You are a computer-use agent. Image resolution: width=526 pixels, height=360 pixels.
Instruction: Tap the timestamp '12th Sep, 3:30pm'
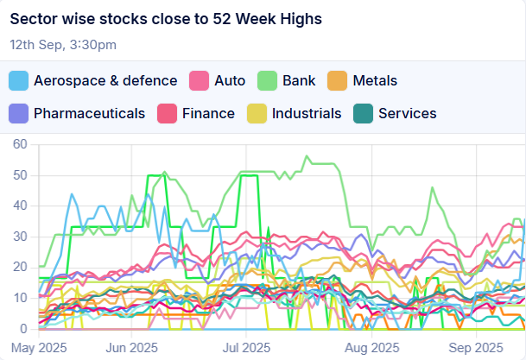tap(63, 44)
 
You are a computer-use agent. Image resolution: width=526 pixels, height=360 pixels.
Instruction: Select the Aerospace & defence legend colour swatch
tap(19, 81)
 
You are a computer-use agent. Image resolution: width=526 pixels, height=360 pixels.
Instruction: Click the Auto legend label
tap(229, 81)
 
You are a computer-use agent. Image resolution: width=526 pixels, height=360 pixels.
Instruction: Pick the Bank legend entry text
tap(300, 81)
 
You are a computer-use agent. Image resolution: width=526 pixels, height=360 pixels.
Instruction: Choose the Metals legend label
tap(375, 81)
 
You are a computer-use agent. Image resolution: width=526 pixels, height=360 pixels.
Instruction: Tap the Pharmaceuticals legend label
tap(89, 113)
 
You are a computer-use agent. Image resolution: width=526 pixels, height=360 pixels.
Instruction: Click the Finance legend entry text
tap(208, 113)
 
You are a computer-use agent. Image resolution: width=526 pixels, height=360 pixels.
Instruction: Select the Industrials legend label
tap(307, 113)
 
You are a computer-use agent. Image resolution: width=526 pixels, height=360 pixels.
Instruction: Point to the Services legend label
tap(407, 113)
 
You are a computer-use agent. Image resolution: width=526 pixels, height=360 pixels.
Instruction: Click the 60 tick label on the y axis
tap(20, 144)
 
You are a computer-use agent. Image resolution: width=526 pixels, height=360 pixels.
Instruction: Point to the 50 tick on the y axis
tap(20, 175)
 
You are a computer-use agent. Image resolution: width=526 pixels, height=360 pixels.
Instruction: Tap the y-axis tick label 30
tap(20, 237)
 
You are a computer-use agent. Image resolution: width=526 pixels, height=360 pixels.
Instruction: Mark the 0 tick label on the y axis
tap(24, 329)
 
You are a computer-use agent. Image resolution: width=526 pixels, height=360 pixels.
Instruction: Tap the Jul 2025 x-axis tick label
tap(241, 347)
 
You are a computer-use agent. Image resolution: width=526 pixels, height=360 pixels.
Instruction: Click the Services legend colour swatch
tap(364, 113)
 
